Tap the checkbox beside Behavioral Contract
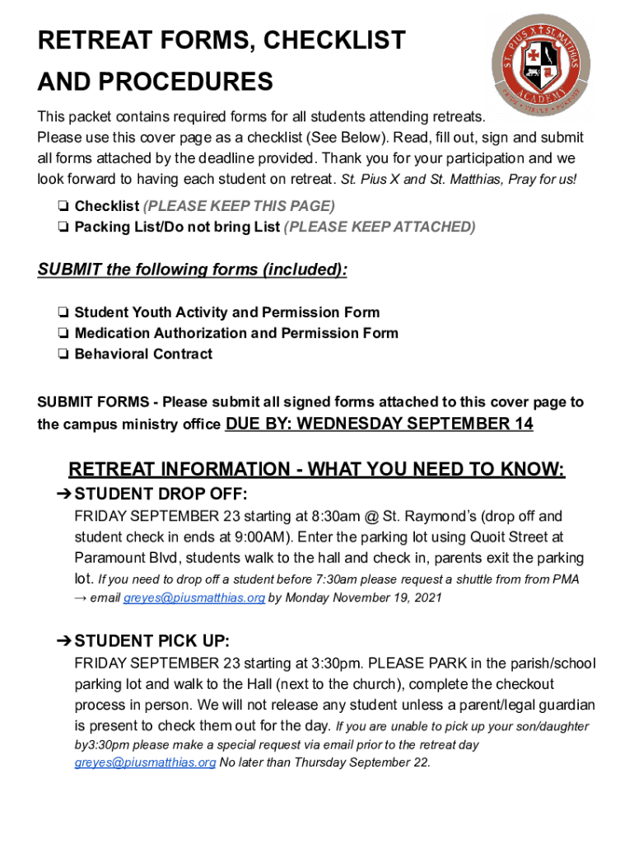pos(63,354)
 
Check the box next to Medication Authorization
pos(63,334)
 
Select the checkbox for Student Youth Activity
pos(63,313)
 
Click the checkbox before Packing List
pos(63,227)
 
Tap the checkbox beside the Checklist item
pos(63,206)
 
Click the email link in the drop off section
pos(193,598)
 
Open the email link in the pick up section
pos(145,763)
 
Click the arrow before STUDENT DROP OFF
pos(63,495)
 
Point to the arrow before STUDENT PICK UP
pos(63,641)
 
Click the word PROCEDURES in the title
pos(155,82)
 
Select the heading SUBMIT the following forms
pos(192,270)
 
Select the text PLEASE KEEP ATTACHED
pos(380,227)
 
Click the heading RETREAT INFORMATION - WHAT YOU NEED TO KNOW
pos(316,470)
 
